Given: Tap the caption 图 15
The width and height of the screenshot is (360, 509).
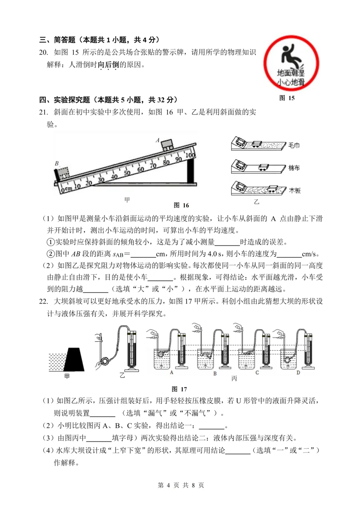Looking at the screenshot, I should click(x=287, y=98).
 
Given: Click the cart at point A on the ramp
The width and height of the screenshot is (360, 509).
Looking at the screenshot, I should click(x=167, y=144).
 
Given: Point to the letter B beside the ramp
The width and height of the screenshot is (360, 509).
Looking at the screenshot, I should click(x=57, y=163).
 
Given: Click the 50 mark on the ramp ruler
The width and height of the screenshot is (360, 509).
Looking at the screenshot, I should click(x=127, y=173).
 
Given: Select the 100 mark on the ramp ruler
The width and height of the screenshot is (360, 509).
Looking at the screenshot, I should click(x=190, y=155).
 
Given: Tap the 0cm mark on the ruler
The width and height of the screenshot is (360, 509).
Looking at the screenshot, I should click(x=66, y=189).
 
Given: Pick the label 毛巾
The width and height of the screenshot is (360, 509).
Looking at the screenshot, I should click(x=294, y=145).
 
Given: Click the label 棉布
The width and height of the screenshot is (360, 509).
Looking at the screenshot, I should click(x=294, y=168).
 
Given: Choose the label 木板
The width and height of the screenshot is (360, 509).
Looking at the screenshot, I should click(x=295, y=190).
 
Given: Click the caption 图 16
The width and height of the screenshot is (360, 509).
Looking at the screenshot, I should click(x=181, y=205).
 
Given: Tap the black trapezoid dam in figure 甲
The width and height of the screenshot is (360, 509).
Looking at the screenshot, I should click(x=74, y=360).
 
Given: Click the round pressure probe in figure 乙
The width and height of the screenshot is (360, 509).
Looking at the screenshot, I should click(x=105, y=360).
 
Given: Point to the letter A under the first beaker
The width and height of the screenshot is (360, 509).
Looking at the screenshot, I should click(x=171, y=372).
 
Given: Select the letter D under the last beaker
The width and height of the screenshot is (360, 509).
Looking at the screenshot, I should click(x=298, y=372).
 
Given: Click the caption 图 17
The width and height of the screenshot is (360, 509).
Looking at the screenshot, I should click(x=179, y=389).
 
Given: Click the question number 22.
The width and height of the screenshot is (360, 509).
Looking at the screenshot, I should click(x=43, y=301).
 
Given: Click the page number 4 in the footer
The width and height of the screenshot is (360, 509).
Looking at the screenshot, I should click(x=168, y=485).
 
